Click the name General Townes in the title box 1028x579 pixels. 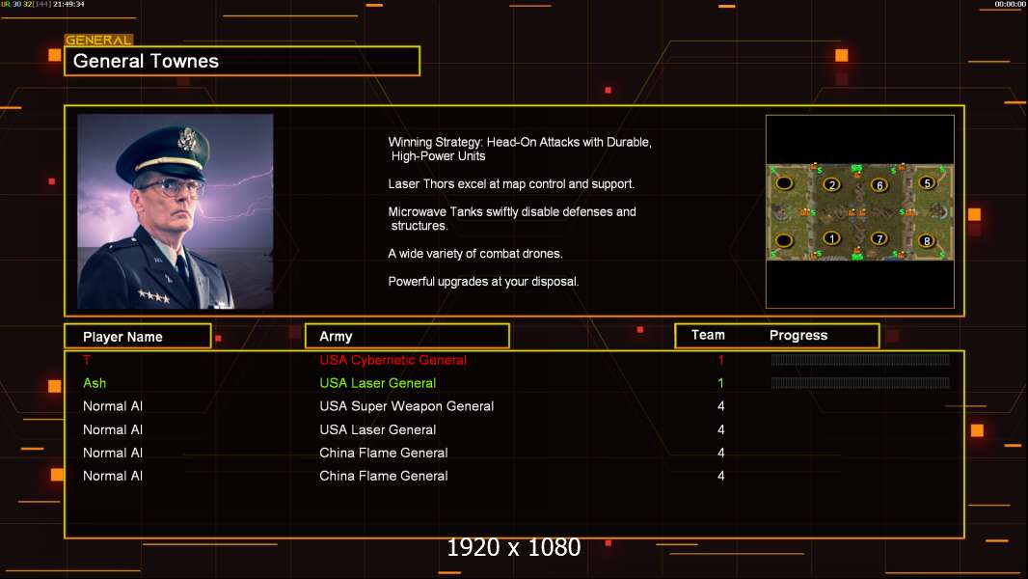pyautogui.click(x=146, y=61)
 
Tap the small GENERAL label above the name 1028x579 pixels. pyautogui.click(x=98, y=41)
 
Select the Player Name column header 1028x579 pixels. pyautogui.click(x=122, y=337)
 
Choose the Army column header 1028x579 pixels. pyautogui.click(x=336, y=337)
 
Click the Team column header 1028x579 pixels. pyautogui.click(x=708, y=335)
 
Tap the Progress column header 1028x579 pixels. pyautogui.click(x=798, y=336)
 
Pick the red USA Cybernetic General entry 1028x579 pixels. pyautogui.click(x=392, y=360)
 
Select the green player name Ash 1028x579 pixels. pyautogui.click(x=95, y=383)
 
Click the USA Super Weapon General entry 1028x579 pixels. pyautogui.click(x=406, y=406)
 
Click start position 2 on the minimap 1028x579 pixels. pyautogui.click(x=831, y=184)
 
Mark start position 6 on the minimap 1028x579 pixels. pyautogui.click(x=879, y=185)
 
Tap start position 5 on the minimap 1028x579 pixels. pyautogui.click(x=927, y=182)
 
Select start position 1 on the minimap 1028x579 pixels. pyautogui.click(x=831, y=238)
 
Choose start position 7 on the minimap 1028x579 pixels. pyautogui.click(x=879, y=238)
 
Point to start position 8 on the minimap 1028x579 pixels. pyautogui.click(x=927, y=241)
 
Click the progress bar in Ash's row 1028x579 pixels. pyautogui.click(x=860, y=383)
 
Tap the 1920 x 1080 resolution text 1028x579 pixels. pyautogui.click(x=513, y=548)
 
